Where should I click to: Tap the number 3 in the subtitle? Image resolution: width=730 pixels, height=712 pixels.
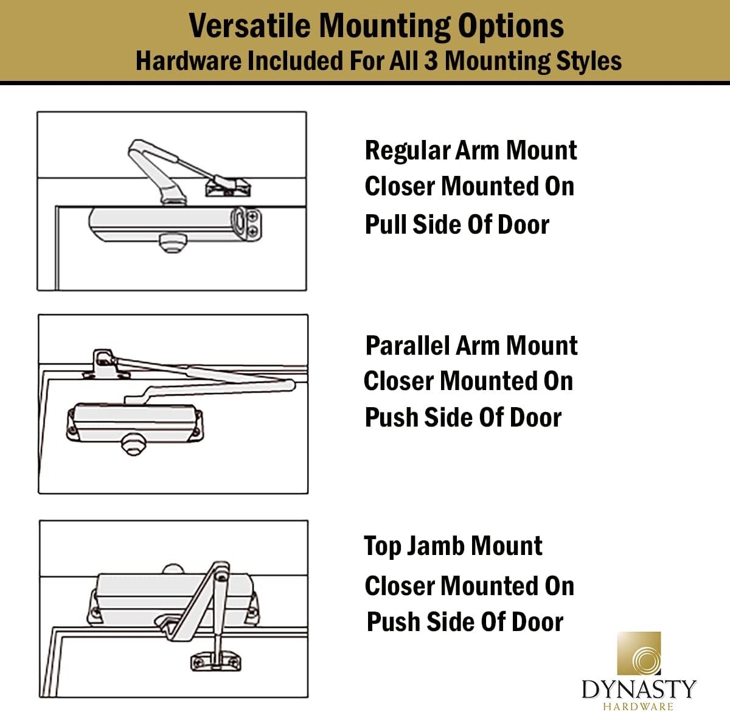coord(431,61)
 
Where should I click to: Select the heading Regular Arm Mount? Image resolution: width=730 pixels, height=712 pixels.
coord(470,150)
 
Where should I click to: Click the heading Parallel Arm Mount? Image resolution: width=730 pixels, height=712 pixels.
coord(471,345)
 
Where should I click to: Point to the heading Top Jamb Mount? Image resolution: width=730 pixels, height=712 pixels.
coord(453,546)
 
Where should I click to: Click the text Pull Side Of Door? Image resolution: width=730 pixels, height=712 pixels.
coord(456,224)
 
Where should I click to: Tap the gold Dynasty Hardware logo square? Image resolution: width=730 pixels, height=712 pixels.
coord(638,654)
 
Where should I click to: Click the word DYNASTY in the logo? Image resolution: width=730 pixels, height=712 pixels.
coord(638,689)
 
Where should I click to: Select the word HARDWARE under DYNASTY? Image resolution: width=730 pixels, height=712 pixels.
coord(638,706)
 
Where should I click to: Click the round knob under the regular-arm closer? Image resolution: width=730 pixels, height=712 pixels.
coord(170,243)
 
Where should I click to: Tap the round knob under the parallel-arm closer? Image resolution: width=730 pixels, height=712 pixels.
coord(133,445)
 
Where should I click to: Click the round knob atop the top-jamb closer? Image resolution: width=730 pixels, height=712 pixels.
coord(173,568)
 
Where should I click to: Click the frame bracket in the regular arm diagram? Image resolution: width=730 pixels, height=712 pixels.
coord(228,185)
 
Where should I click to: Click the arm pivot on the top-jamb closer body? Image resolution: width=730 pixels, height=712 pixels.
coord(221,574)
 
